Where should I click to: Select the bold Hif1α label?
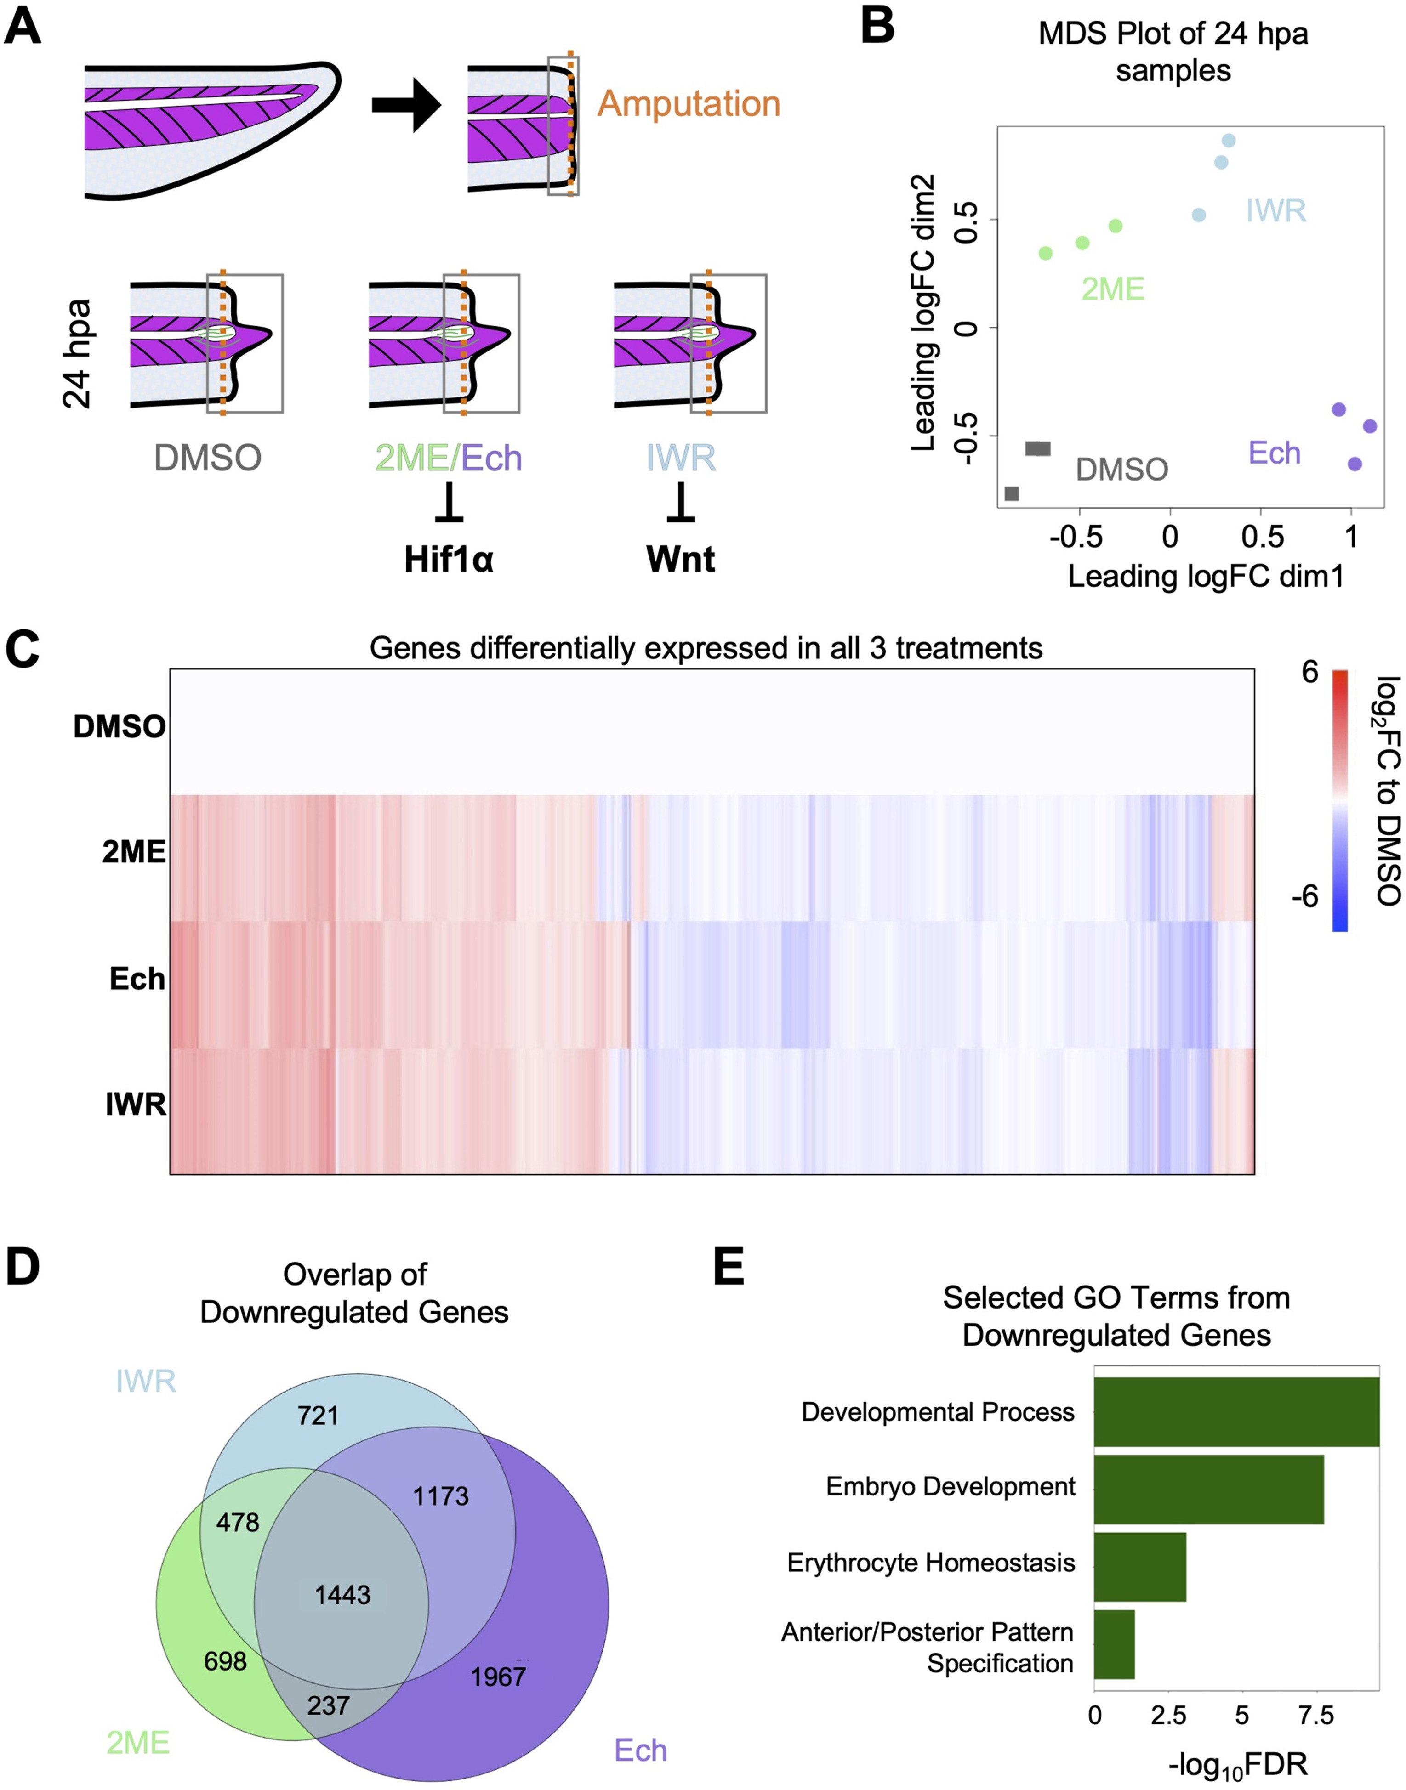pos(449,560)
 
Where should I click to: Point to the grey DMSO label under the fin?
pos(207,458)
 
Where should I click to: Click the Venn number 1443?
pos(342,1595)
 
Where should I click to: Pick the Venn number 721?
pos(318,1416)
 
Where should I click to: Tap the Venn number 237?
pos(329,1705)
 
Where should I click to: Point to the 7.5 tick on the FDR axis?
pos(1315,1716)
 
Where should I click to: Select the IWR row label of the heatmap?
pos(136,1105)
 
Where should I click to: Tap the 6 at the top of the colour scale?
pos(1309,672)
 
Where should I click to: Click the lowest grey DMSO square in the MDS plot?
pos(1012,494)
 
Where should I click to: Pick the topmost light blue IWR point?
pos(1228,141)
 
